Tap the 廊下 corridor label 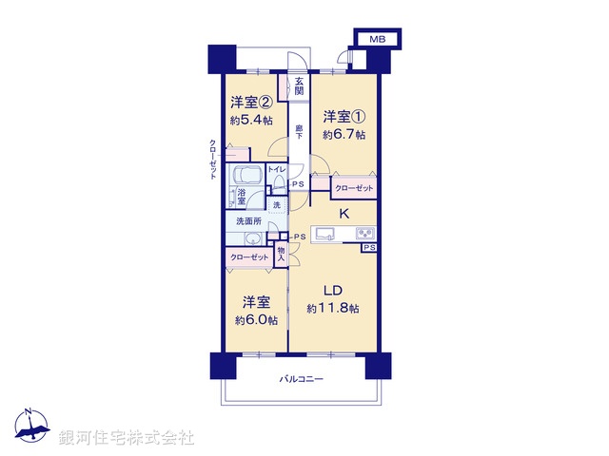pyautogui.click(x=299, y=133)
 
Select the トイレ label pyautogui.click(x=276, y=169)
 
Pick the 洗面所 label pyautogui.click(x=249, y=220)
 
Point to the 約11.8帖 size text pyautogui.click(x=332, y=309)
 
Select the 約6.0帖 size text pyautogui.click(x=254, y=321)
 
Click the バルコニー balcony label pyautogui.click(x=302, y=379)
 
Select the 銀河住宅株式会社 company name pyautogui.click(x=127, y=437)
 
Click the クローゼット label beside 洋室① pyautogui.click(x=354, y=189)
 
